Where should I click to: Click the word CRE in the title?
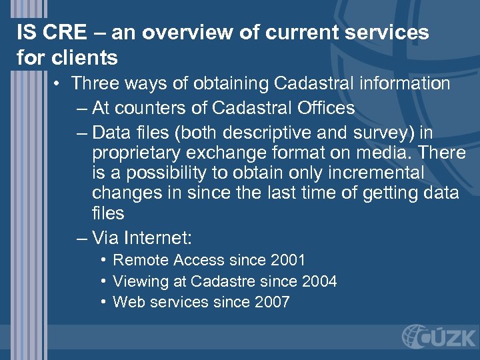(x=65, y=33)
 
